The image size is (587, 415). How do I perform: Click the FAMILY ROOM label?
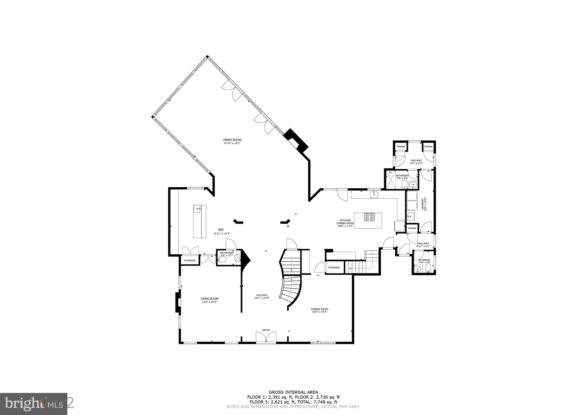pos(232,141)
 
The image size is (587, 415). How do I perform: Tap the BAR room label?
pos(221,231)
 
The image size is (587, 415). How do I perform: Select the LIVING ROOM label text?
pos(209,300)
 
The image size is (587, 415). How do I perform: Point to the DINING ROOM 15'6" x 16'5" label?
pos(319,310)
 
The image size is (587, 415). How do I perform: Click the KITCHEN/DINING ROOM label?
pos(345,223)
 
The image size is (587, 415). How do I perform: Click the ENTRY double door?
pos(266,337)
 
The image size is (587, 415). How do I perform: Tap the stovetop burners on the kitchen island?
pos(369,217)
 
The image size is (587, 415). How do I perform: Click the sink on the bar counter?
pos(197,209)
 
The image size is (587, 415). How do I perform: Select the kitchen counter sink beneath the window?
pos(374,195)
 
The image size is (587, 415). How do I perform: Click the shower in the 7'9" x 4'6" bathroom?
pos(390,180)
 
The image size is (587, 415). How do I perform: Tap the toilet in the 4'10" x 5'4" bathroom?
pos(428,269)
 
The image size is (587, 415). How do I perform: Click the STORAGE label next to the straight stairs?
pos(334,267)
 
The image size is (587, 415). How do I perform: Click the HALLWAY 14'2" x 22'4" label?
pos(262,296)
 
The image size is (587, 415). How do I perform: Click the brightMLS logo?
pos(34,404)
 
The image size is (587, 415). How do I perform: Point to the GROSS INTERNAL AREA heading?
pos(293,392)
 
